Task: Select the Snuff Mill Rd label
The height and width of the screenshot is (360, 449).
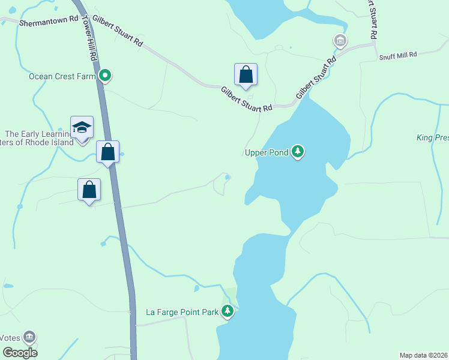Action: [x=397, y=55]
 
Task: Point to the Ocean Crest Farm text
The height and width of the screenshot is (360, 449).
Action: [x=62, y=76]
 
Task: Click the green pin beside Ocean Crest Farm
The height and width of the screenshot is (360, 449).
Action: [x=105, y=76]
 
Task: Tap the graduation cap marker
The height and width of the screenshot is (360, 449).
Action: [x=82, y=127]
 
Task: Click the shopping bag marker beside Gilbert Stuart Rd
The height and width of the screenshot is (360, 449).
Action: [x=246, y=75]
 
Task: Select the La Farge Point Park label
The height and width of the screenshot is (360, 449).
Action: [x=181, y=312]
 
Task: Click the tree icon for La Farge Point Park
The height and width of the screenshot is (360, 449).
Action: [x=227, y=311]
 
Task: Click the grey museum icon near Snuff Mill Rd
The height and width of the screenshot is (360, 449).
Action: [x=340, y=41]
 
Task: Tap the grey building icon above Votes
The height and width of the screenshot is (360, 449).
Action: [x=29, y=337]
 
